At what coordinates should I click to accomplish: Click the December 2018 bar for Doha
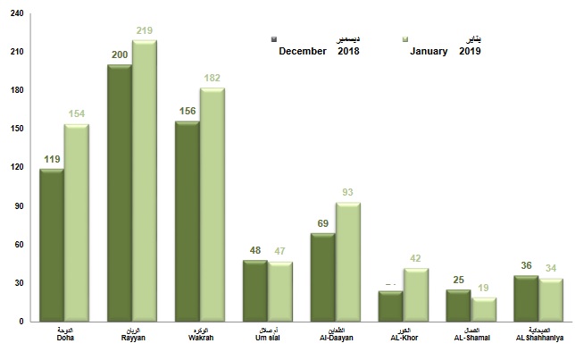tap(51, 245)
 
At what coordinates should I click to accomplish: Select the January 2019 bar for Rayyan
tap(145, 180)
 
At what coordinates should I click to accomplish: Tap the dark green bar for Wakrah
tap(187, 221)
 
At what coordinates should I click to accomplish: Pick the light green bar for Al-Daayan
tap(348, 262)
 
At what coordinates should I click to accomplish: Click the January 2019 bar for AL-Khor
tap(416, 295)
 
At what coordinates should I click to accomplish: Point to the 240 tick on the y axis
tap(17, 14)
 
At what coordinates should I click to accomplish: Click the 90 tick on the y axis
tap(19, 206)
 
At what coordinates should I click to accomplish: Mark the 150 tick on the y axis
tap(17, 130)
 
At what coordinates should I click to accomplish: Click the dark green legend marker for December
tap(275, 39)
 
